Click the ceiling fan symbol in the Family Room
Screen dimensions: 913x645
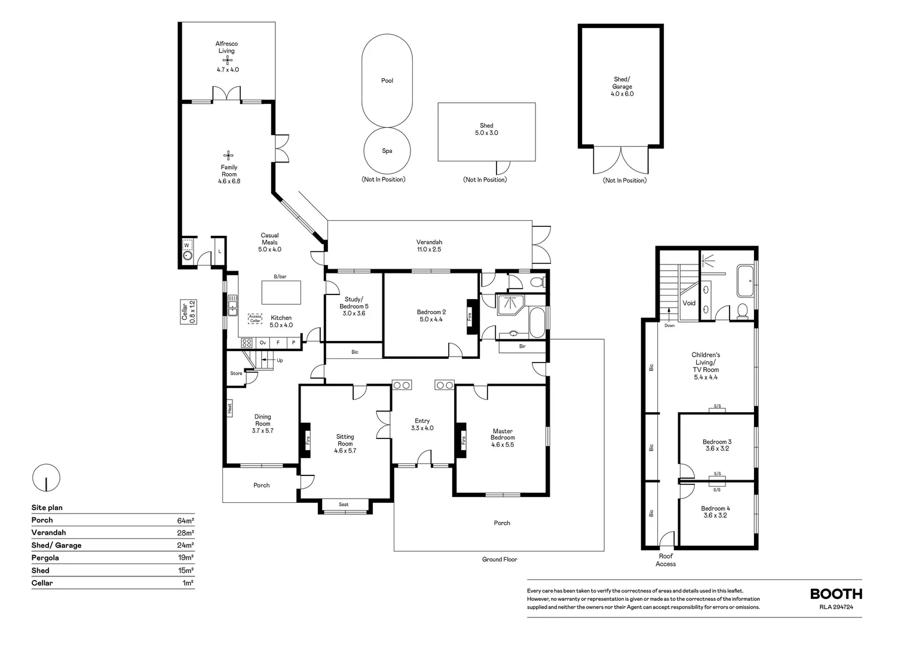click(228, 155)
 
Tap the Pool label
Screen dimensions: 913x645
click(387, 81)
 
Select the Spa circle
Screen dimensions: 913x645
click(387, 150)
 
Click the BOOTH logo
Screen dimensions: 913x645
click(836, 594)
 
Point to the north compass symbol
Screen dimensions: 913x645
click(46, 478)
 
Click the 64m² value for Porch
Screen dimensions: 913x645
click(185, 520)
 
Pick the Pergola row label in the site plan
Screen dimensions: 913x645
click(45, 558)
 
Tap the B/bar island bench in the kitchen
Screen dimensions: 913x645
click(281, 292)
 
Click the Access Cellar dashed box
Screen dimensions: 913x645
click(255, 319)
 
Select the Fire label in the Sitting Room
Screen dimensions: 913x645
click(308, 440)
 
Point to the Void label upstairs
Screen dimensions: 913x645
click(689, 303)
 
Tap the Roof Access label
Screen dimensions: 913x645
click(666, 560)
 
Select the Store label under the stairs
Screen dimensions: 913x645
click(236, 373)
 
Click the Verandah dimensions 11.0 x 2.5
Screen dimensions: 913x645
click(429, 250)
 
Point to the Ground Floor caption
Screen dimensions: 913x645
click(500, 560)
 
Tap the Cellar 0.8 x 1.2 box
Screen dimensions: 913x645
click(188, 312)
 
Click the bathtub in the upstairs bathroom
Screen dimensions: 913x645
click(746, 281)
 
